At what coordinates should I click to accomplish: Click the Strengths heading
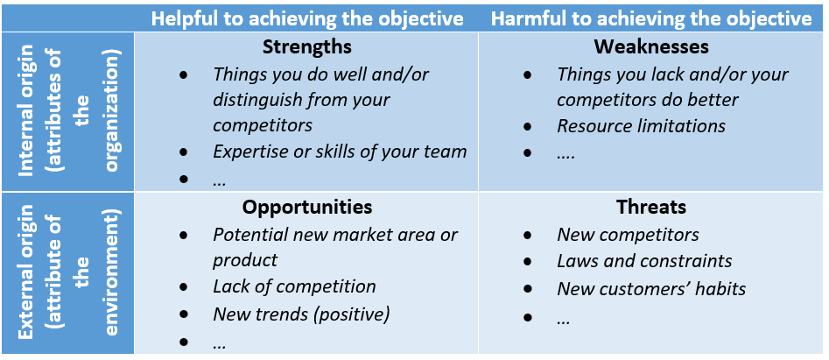click(x=306, y=46)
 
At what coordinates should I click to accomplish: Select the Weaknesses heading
click(x=650, y=46)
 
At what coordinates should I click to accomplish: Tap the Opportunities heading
click(x=307, y=207)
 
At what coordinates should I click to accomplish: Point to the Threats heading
click(x=650, y=207)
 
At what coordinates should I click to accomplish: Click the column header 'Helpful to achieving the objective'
click(x=307, y=18)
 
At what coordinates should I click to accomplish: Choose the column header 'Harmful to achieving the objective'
click(x=651, y=18)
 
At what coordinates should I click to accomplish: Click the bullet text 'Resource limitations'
click(x=641, y=126)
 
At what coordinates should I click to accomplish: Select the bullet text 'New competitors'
click(x=628, y=234)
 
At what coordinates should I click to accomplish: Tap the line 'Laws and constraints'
click(x=644, y=261)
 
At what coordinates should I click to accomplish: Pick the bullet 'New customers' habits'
click(x=651, y=288)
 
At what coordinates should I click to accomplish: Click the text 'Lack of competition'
click(x=294, y=286)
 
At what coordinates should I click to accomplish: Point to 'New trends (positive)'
click(x=301, y=314)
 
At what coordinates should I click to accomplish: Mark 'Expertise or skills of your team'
click(x=340, y=152)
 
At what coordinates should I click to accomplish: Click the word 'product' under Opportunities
click(x=245, y=260)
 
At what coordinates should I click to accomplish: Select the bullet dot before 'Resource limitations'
click(x=527, y=126)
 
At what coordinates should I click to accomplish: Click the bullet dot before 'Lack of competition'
click(x=184, y=287)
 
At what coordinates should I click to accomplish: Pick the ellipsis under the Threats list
click(x=563, y=321)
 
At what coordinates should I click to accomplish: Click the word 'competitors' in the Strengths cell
click(x=263, y=126)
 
